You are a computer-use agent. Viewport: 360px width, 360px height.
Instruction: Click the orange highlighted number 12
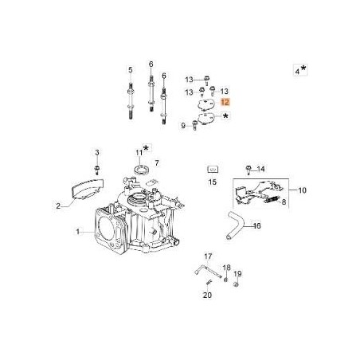[x=225, y=103]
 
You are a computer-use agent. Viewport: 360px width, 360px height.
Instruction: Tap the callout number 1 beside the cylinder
[x=77, y=232]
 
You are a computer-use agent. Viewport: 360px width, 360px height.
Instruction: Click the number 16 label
[x=256, y=226]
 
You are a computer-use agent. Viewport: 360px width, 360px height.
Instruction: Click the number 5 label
[x=131, y=71]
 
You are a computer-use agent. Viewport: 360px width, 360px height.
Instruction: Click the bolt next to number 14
[x=248, y=169]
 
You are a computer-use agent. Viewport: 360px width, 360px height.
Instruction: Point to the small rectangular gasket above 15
[x=213, y=169]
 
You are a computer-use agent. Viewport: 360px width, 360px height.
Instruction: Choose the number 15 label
[x=212, y=182]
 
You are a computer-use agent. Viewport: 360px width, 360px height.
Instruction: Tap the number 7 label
[x=157, y=162]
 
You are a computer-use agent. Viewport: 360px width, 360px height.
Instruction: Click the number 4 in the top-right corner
[x=297, y=71]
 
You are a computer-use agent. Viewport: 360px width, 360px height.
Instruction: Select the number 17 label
[x=208, y=256]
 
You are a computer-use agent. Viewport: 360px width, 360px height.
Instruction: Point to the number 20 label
[x=207, y=294]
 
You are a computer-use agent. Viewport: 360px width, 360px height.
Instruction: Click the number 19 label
[x=237, y=273]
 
